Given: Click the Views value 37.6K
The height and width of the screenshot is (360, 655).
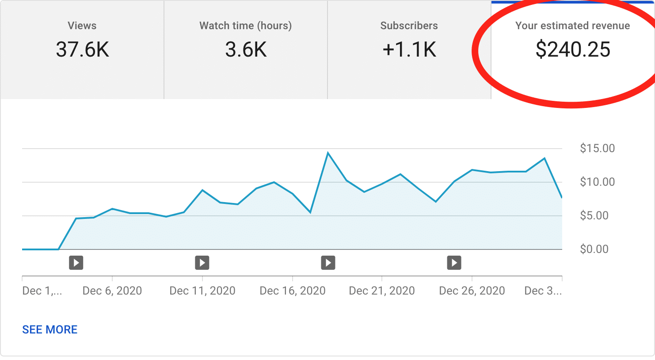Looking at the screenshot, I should click(x=82, y=50).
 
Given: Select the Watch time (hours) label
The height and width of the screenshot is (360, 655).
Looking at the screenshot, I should click(x=245, y=26).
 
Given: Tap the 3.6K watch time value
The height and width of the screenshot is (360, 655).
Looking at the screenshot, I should click(x=246, y=50).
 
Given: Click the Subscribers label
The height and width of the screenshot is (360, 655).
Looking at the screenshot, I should click(x=409, y=26).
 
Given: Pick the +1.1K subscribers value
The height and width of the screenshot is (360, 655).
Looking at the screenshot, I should click(x=409, y=50).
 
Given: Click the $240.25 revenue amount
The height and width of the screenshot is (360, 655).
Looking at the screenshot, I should click(x=573, y=50).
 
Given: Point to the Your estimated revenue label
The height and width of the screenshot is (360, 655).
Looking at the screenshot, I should click(x=572, y=26).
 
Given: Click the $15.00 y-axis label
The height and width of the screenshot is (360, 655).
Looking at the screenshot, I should click(x=597, y=148).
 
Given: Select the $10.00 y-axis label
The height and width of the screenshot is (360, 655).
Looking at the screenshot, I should click(x=597, y=182).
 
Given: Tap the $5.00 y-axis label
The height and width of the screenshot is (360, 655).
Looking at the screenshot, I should click(x=594, y=215).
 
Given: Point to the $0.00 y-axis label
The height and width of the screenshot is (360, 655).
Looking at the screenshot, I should click(x=594, y=249).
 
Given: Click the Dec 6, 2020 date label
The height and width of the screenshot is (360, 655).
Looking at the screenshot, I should click(x=112, y=291).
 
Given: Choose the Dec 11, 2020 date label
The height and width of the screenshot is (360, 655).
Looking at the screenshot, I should click(x=202, y=291).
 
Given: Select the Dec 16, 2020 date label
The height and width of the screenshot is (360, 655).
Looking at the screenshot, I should click(x=293, y=291).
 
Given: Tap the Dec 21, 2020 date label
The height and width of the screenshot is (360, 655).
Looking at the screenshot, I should click(x=382, y=291).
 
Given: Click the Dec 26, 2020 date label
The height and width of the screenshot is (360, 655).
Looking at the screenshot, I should click(x=472, y=291).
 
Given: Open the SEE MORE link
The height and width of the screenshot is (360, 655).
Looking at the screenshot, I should click(x=50, y=329).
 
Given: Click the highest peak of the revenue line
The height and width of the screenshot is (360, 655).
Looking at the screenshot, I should click(x=328, y=153).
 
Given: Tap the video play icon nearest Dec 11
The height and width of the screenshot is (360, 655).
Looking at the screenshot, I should click(x=202, y=263).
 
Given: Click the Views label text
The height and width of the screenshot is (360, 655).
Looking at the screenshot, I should click(x=82, y=26).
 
